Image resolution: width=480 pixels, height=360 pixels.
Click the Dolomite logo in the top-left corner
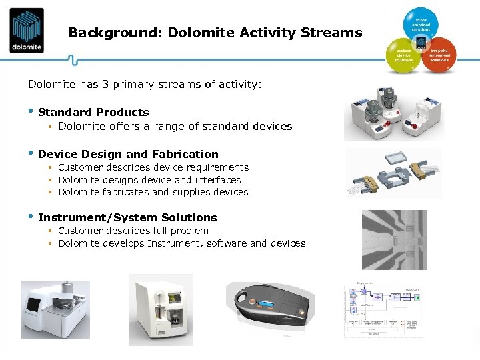[27, 30]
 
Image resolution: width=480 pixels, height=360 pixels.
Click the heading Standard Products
[93, 112]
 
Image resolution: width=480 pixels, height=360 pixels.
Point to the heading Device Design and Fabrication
[128, 154]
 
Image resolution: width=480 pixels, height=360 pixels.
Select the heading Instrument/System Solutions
[127, 217]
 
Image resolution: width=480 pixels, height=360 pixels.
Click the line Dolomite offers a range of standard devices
[175, 126]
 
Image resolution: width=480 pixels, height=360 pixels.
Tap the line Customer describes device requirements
[153, 167]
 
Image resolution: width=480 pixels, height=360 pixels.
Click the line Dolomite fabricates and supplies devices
[153, 192]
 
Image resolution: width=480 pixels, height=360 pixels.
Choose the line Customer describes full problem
[133, 231]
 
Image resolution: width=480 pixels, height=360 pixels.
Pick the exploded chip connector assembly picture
[393, 173]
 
